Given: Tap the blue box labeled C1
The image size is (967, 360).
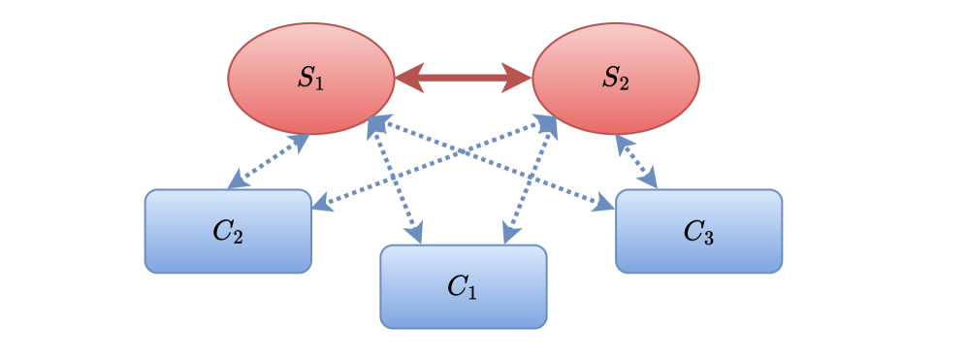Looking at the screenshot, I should [x=463, y=286].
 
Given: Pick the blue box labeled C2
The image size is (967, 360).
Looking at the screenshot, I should [x=228, y=231].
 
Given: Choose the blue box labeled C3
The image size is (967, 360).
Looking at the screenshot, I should [x=698, y=231].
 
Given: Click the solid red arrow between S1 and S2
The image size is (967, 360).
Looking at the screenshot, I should [x=463, y=78].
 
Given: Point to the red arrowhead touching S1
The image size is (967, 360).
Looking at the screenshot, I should [x=407, y=78].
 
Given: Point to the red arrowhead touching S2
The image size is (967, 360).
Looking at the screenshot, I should [x=518, y=78].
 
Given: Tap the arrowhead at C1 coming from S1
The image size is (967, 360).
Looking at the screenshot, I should [x=417, y=234].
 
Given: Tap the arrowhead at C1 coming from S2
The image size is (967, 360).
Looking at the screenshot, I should [x=508, y=234].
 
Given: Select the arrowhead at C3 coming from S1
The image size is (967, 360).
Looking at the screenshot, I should [x=604, y=203].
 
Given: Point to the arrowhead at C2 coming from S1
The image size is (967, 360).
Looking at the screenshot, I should [x=236, y=180].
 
